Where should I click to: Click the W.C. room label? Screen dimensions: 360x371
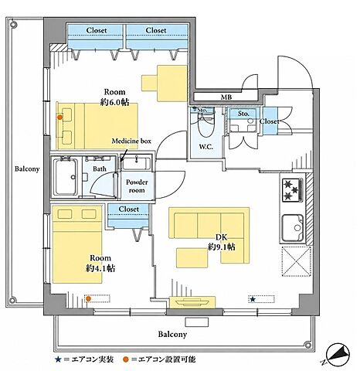click(205, 147)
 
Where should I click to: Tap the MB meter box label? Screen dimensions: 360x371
click(226, 97)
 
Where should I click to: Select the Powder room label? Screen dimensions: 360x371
click(137, 186)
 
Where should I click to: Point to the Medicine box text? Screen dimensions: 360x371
click(131, 141)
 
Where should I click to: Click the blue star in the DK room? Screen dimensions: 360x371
click(253, 299)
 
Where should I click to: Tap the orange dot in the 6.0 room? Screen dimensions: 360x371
click(59, 117)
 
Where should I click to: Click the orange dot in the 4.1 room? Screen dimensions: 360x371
click(88, 298)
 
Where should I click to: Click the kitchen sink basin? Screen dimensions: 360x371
click(293, 228)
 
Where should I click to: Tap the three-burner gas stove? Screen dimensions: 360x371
click(293, 190)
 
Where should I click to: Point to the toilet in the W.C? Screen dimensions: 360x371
click(206, 124)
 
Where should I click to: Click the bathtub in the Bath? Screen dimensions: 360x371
click(66, 177)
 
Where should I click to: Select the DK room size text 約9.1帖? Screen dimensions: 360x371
click(222, 247)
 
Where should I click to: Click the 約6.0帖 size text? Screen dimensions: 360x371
click(114, 102)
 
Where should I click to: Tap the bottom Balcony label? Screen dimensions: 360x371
click(172, 335)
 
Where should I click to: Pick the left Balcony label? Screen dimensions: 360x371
click(27, 169)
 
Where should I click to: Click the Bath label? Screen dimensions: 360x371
click(100, 168)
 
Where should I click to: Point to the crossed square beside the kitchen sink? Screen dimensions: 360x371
click(296, 261)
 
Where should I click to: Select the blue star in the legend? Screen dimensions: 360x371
click(58, 359)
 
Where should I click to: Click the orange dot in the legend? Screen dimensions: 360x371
click(126, 359)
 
